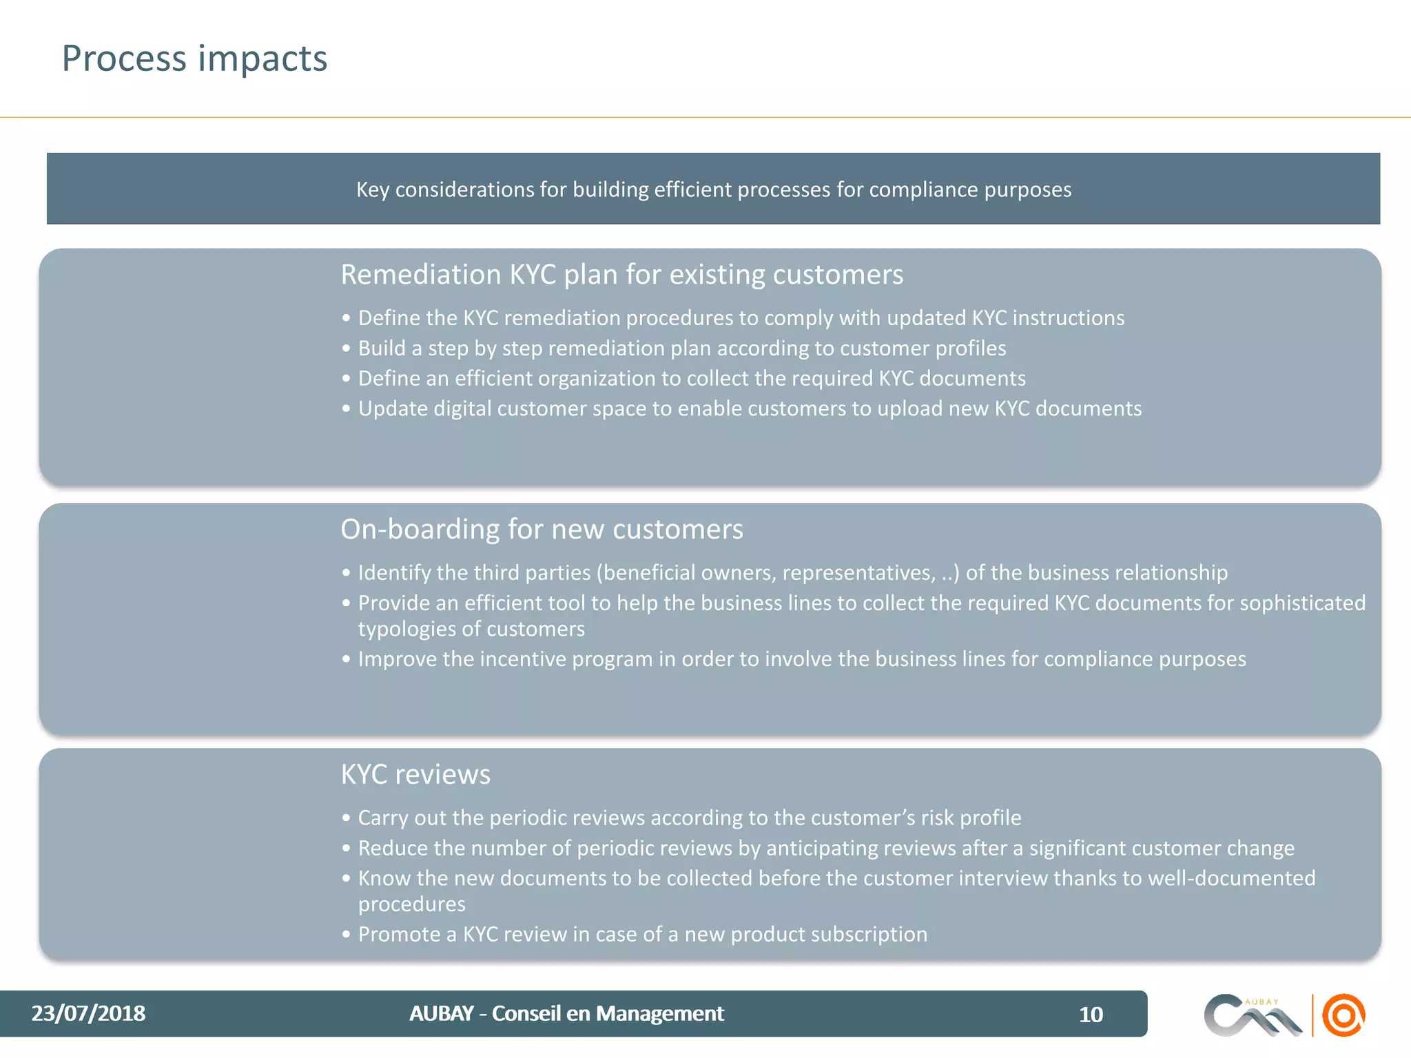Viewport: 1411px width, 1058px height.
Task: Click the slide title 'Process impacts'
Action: [194, 59]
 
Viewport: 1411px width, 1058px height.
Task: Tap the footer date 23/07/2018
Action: [88, 1013]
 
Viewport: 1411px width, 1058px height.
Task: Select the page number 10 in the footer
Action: [1091, 1015]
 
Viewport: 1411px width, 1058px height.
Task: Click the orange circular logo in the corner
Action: [1343, 1015]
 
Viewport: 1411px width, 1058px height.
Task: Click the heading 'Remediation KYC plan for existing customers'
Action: [621, 275]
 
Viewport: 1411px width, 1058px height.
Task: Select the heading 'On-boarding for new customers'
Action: [542, 530]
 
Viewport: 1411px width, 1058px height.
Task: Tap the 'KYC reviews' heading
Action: [415, 775]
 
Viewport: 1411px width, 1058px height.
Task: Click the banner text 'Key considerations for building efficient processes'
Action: [713, 189]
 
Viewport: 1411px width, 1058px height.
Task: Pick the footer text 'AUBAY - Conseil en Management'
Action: [566, 1013]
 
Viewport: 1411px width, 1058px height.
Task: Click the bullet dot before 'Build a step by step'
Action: [346, 349]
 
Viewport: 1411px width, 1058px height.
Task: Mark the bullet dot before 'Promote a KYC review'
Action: [346, 935]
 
